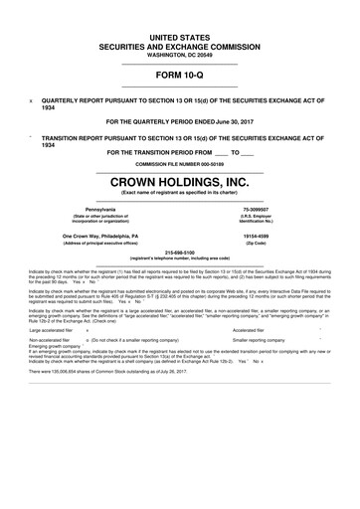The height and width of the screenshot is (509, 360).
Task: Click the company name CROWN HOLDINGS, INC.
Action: pos(180,182)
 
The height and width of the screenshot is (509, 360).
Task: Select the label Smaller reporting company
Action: pos(261,368)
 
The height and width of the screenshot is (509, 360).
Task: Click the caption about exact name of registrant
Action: pos(180,194)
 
